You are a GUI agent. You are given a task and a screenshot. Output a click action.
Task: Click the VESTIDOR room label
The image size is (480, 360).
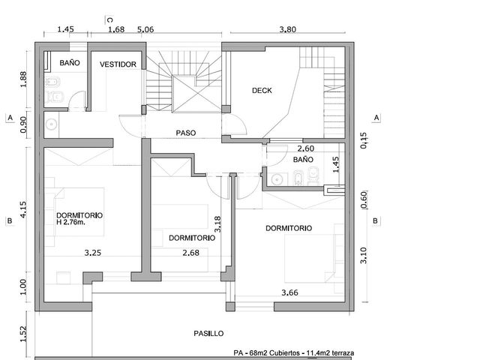pyautogui.click(x=118, y=64)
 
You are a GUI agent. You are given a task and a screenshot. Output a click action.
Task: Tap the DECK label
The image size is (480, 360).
pyautogui.click(x=262, y=91)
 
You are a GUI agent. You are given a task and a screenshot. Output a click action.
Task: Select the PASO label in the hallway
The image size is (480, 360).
pyautogui.click(x=186, y=133)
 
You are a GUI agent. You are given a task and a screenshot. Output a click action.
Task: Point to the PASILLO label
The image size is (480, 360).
pyautogui.click(x=208, y=333)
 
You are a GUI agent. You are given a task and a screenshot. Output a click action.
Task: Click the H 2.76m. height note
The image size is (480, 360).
pyautogui.click(x=71, y=223)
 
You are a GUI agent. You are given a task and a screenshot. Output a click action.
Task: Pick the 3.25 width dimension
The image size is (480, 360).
pyautogui.click(x=93, y=253)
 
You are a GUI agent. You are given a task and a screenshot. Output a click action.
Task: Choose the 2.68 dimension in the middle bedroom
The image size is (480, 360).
pyautogui.click(x=190, y=253)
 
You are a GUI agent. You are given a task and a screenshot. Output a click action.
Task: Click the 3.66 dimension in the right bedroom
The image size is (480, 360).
pyautogui.click(x=289, y=292)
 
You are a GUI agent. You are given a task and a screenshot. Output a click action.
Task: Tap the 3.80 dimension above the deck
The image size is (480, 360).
pyautogui.click(x=288, y=29)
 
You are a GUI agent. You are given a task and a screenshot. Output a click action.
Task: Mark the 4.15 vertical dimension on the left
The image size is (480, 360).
pyautogui.click(x=23, y=210)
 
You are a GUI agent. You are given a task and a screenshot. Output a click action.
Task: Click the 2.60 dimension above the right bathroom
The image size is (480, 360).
pyautogui.click(x=306, y=148)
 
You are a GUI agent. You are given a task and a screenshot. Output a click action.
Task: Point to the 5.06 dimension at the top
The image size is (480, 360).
pyautogui.click(x=145, y=29)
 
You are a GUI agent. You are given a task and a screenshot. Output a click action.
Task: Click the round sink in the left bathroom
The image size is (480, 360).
pyautogui.click(x=52, y=124)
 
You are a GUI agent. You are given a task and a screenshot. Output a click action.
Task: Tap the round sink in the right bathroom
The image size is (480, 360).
pyautogui.click(x=277, y=179)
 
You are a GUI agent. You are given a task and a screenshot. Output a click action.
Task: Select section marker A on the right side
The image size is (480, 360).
pyautogui.click(x=376, y=118)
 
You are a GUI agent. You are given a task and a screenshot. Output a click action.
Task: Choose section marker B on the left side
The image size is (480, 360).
pyautogui.click(x=10, y=221)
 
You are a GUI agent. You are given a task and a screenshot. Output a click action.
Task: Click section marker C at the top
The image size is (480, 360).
pyautogui.click(x=110, y=20)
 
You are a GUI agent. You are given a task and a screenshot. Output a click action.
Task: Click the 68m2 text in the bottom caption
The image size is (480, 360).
pyautogui.click(x=259, y=353)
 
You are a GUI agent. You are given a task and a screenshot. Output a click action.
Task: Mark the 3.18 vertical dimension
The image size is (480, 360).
pyautogui.click(x=217, y=223)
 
